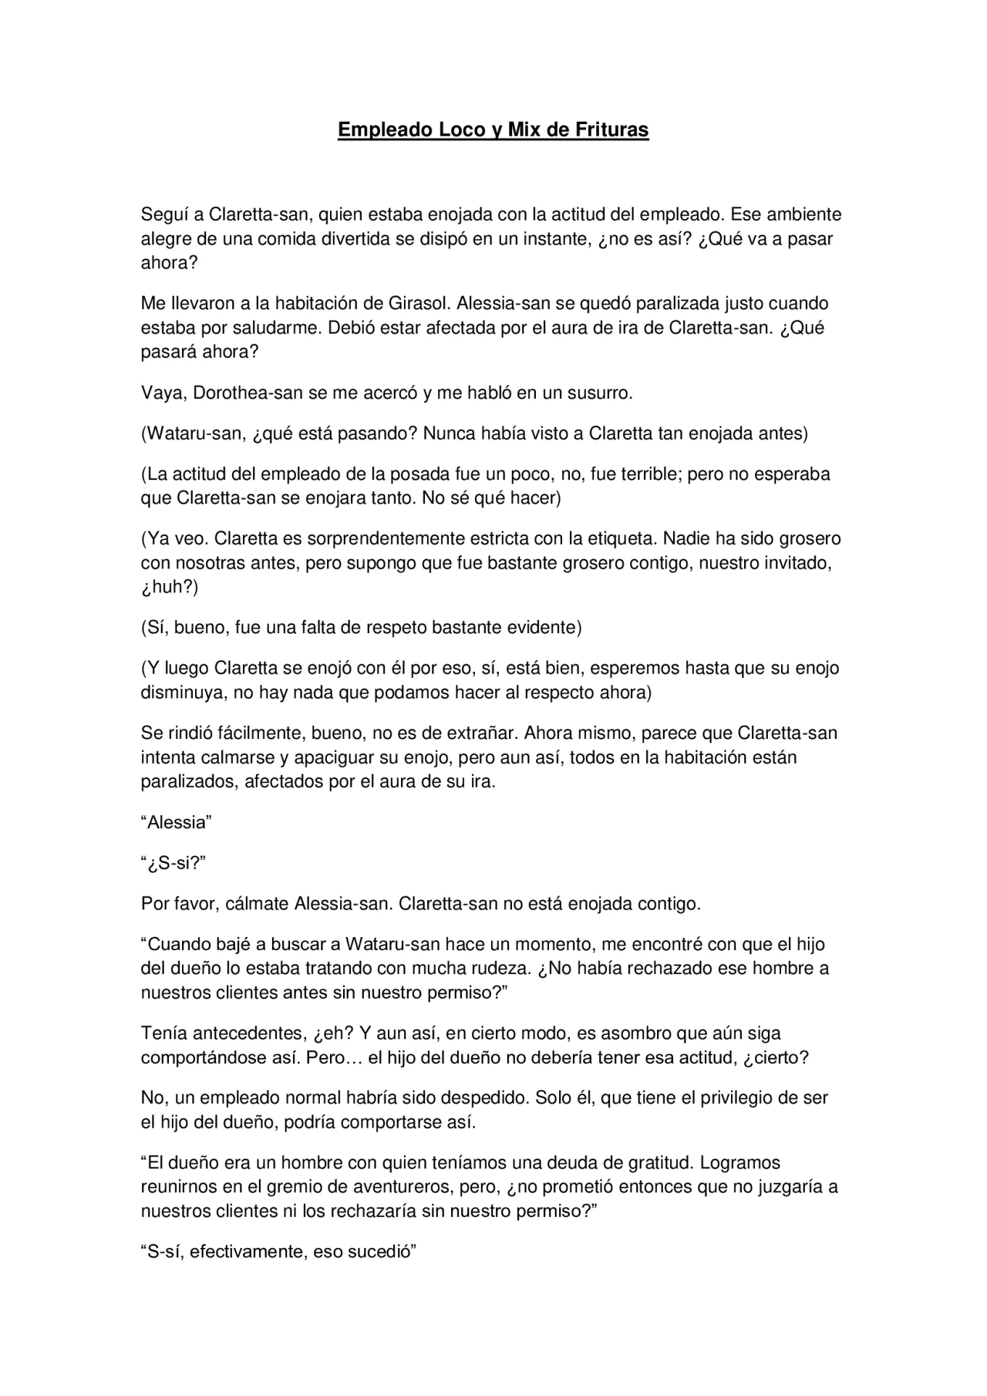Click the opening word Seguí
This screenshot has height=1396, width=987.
point(162,214)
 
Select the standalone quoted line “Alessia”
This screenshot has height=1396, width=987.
point(176,822)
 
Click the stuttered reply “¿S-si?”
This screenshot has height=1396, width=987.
point(173,863)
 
